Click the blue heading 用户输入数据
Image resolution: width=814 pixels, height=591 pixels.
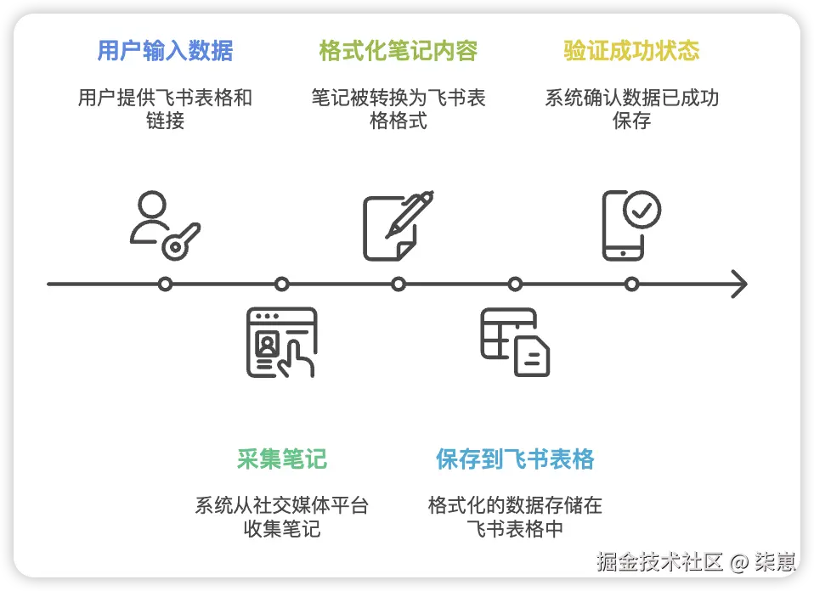click(165, 51)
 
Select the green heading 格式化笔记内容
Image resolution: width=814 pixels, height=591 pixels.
click(399, 51)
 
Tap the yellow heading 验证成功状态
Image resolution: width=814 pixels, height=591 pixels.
click(631, 51)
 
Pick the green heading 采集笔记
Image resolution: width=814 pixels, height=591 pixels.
click(281, 460)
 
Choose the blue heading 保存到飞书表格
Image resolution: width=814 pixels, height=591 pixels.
click(515, 460)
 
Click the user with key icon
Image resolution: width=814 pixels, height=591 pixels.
click(165, 225)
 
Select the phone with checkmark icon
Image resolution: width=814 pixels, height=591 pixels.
click(630, 224)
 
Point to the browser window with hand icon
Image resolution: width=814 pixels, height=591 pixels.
click(281, 341)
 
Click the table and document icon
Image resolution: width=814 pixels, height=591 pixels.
click(515, 341)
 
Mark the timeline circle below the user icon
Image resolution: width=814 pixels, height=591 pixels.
click(165, 284)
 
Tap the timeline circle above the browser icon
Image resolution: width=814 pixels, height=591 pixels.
click(281, 284)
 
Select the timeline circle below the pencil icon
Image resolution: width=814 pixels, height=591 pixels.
click(398, 284)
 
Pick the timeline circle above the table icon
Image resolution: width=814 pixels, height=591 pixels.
click(514, 284)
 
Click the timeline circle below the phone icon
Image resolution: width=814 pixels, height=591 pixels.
click(631, 284)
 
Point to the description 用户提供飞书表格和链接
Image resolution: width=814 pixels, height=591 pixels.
click(165, 109)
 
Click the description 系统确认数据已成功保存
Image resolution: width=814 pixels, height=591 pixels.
click(631, 109)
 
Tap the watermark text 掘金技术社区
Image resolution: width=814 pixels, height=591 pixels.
click(659, 561)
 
